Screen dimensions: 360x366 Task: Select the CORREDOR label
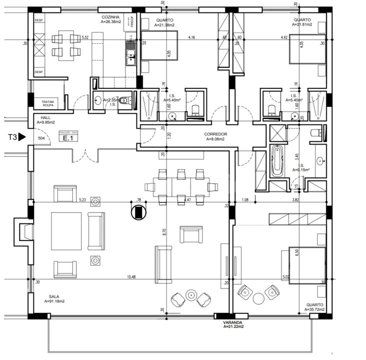(x=216, y=134)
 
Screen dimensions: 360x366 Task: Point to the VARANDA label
(x=233, y=322)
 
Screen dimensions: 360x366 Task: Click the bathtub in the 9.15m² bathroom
(x=276, y=161)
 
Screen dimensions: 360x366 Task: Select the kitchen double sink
(x=130, y=55)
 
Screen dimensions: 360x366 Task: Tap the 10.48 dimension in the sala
(x=131, y=277)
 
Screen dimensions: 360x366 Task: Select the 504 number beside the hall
(x=41, y=137)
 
